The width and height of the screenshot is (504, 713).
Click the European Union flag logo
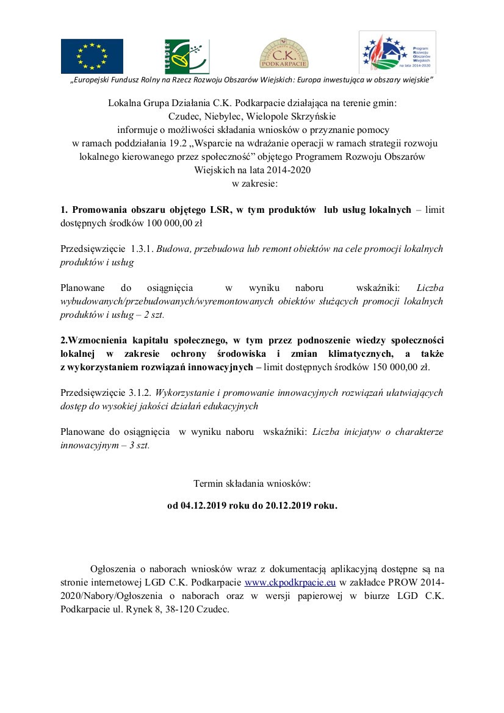tap(92, 56)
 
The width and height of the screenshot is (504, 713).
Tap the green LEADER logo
tap(187, 56)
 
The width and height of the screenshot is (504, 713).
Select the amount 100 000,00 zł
tap(174, 223)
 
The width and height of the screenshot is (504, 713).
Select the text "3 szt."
tap(139, 445)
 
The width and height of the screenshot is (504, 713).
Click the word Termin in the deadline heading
tap(208, 483)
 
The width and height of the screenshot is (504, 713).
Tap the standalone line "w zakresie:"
tap(252, 183)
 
